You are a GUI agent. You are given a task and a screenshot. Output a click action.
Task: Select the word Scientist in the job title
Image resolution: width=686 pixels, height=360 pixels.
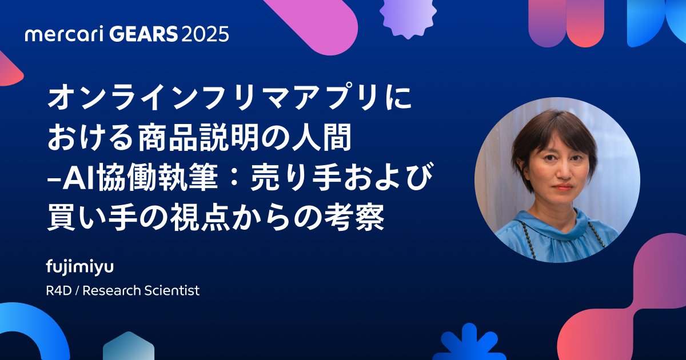pos(173,290)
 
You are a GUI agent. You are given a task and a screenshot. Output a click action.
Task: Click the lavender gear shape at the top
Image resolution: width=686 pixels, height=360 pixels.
pos(408,15)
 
